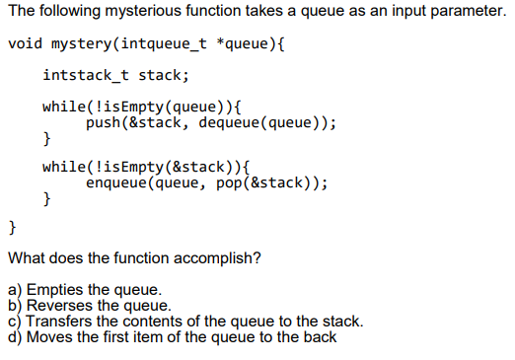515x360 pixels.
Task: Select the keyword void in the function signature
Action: click(25, 45)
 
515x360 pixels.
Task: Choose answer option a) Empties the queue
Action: click(84, 290)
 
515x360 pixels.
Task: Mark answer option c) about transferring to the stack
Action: click(185, 322)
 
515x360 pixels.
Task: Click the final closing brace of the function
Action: click(12, 229)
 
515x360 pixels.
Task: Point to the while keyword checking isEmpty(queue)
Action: click(62, 107)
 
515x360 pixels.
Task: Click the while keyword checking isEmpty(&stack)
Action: click(62, 167)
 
